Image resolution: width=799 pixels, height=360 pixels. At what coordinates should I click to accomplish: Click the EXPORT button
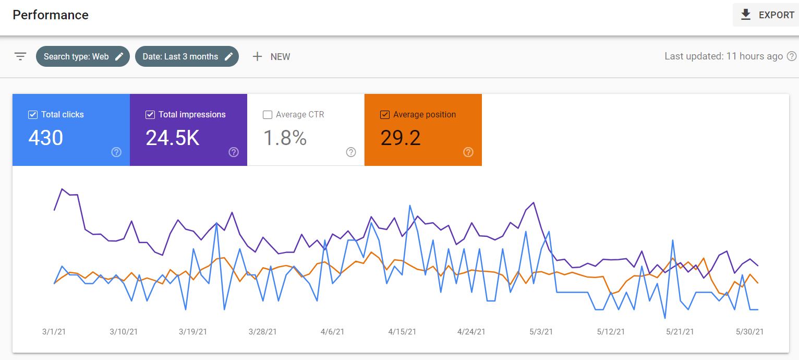pos(767,15)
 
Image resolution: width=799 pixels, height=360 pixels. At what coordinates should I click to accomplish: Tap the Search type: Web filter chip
pos(83,56)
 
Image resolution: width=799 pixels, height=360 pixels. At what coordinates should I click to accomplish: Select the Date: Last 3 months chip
pos(187,56)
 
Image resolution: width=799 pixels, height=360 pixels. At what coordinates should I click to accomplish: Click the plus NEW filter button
pos(271,57)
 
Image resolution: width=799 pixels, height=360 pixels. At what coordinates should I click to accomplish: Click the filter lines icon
pos(20,56)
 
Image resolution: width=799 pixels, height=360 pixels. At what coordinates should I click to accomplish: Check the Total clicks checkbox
pos(33,115)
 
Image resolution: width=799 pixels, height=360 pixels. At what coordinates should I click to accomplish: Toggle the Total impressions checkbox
pos(150,115)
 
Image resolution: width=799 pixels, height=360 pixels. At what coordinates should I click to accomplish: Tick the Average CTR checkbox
pos(268,115)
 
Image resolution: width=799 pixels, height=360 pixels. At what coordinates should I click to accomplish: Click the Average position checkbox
pos(385,115)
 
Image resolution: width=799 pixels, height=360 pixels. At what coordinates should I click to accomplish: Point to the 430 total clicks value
pos(46,138)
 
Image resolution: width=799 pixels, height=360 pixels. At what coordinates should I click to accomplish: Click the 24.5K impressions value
pos(173,138)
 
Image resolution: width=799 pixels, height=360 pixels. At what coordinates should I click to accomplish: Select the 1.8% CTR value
pos(285,138)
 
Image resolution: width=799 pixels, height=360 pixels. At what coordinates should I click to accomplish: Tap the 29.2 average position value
pos(401,138)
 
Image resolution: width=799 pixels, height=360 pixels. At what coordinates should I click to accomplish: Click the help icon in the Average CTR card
pos(351,152)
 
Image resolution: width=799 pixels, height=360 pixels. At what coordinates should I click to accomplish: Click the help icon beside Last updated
pos(792,56)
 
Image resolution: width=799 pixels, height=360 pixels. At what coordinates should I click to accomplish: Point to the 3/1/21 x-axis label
pos(54,332)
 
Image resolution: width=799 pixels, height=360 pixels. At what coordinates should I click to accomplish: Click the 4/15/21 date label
pos(402,332)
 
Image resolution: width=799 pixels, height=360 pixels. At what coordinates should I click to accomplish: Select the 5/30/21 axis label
pos(750,332)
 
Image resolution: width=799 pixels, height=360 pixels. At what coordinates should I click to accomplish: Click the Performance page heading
pos(51,15)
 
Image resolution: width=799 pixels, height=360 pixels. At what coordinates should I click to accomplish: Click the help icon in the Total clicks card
pos(116,152)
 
